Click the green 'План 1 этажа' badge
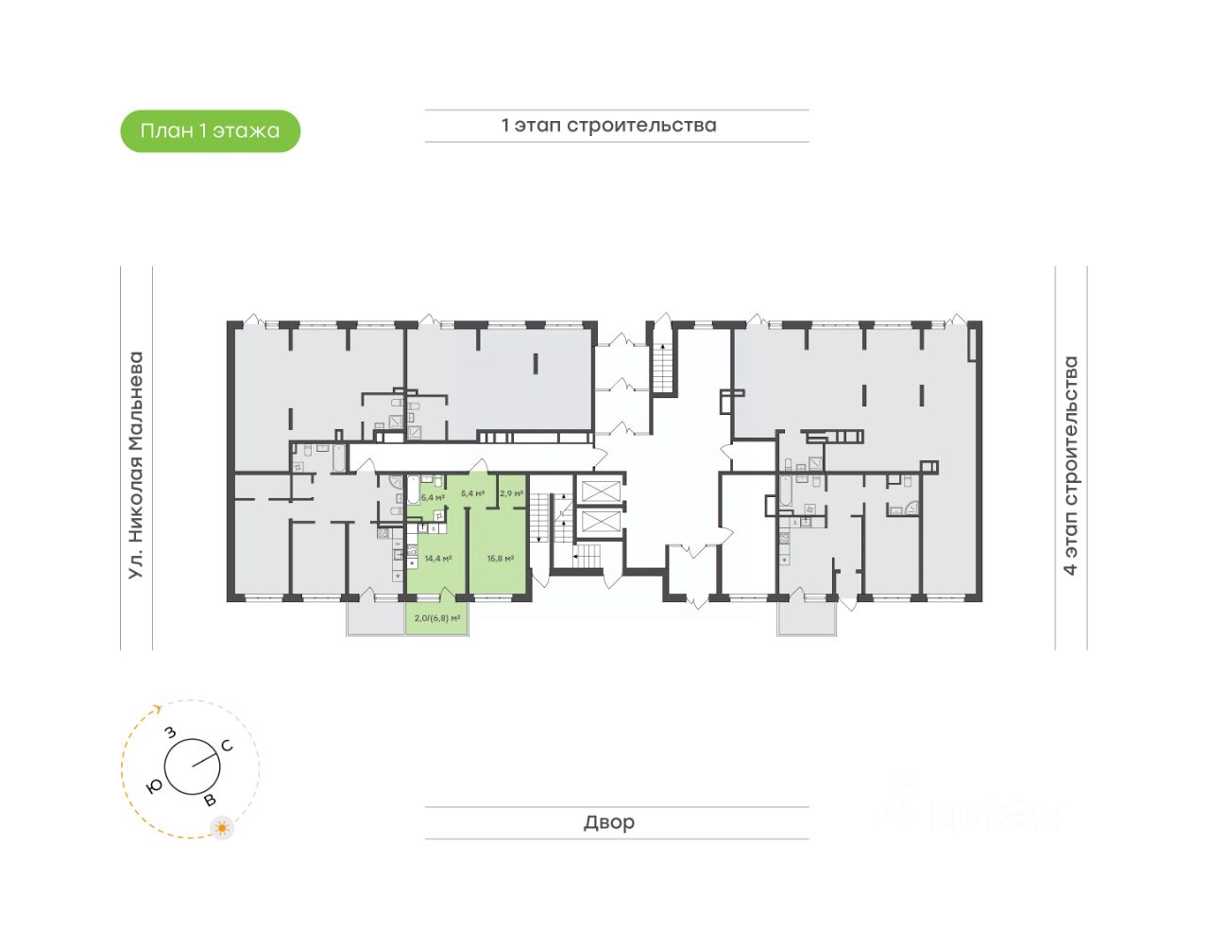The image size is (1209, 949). click(x=210, y=131)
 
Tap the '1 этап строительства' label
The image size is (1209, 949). click(x=608, y=126)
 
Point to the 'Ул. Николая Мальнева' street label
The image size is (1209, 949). click(x=136, y=465)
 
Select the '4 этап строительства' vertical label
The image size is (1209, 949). click(x=1070, y=465)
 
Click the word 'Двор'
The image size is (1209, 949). click(x=608, y=822)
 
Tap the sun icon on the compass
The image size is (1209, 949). click(x=222, y=829)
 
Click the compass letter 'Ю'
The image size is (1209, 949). click(x=154, y=785)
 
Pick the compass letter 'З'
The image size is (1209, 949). click(x=171, y=733)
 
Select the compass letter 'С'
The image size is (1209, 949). click(x=227, y=746)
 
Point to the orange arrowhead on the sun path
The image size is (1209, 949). click(x=157, y=708)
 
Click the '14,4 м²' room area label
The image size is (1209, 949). click(x=438, y=559)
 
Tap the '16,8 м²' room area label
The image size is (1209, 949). click(x=500, y=559)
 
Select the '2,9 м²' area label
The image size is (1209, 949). click(x=511, y=493)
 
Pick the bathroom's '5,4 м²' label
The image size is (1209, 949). click(x=433, y=497)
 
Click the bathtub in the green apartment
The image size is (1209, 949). click(x=414, y=492)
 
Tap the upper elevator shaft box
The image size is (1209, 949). click(x=601, y=490)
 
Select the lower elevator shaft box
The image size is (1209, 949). click(x=601, y=521)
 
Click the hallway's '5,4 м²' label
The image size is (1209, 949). click(x=472, y=493)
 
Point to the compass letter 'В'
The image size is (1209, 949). click(x=210, y=801)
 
